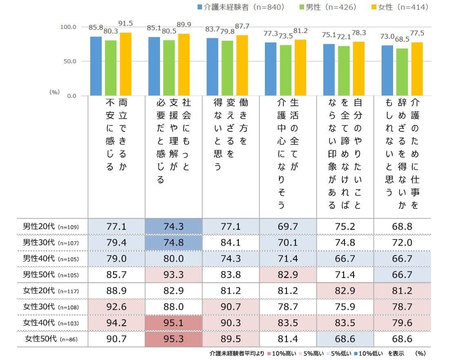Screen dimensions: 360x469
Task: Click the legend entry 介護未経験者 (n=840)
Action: tap(241, 7)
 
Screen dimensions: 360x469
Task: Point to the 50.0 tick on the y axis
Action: tap(69, 61)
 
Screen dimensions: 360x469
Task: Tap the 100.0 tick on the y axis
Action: tap(69, 27)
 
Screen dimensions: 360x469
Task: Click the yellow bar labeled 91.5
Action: tap(125, 64)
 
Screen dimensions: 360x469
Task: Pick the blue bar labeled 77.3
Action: tap(271, 69)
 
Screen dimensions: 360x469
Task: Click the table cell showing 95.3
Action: tap(173, 339)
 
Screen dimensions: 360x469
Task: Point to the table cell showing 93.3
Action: tap(173, 275)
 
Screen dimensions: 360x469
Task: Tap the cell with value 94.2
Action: tap(116, 323)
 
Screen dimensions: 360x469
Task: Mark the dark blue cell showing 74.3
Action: tap(173, 227)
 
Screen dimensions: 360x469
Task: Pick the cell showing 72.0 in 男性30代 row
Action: tap(402, 242)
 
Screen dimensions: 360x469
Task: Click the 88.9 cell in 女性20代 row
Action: tap(116, 291)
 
